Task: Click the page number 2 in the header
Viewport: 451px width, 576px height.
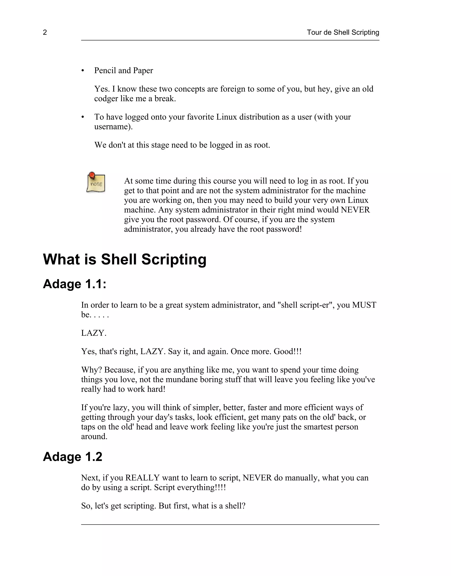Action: [x=45, y=32]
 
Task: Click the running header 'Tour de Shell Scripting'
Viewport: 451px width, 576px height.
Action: [x=343, y=32]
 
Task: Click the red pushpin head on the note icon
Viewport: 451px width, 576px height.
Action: [x=92, y=175]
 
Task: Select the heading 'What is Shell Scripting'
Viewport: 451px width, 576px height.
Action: [x=125, y=259]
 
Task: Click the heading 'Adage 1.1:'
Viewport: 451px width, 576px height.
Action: [x=74, y=284]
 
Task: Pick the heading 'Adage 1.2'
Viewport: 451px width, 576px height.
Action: [x=72, y=457]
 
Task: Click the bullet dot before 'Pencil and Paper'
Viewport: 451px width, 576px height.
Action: [x=83, y=71]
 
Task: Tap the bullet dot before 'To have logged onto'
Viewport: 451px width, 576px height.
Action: [x=83, y=117]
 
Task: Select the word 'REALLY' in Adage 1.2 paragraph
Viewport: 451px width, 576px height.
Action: [x=142, y=478]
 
